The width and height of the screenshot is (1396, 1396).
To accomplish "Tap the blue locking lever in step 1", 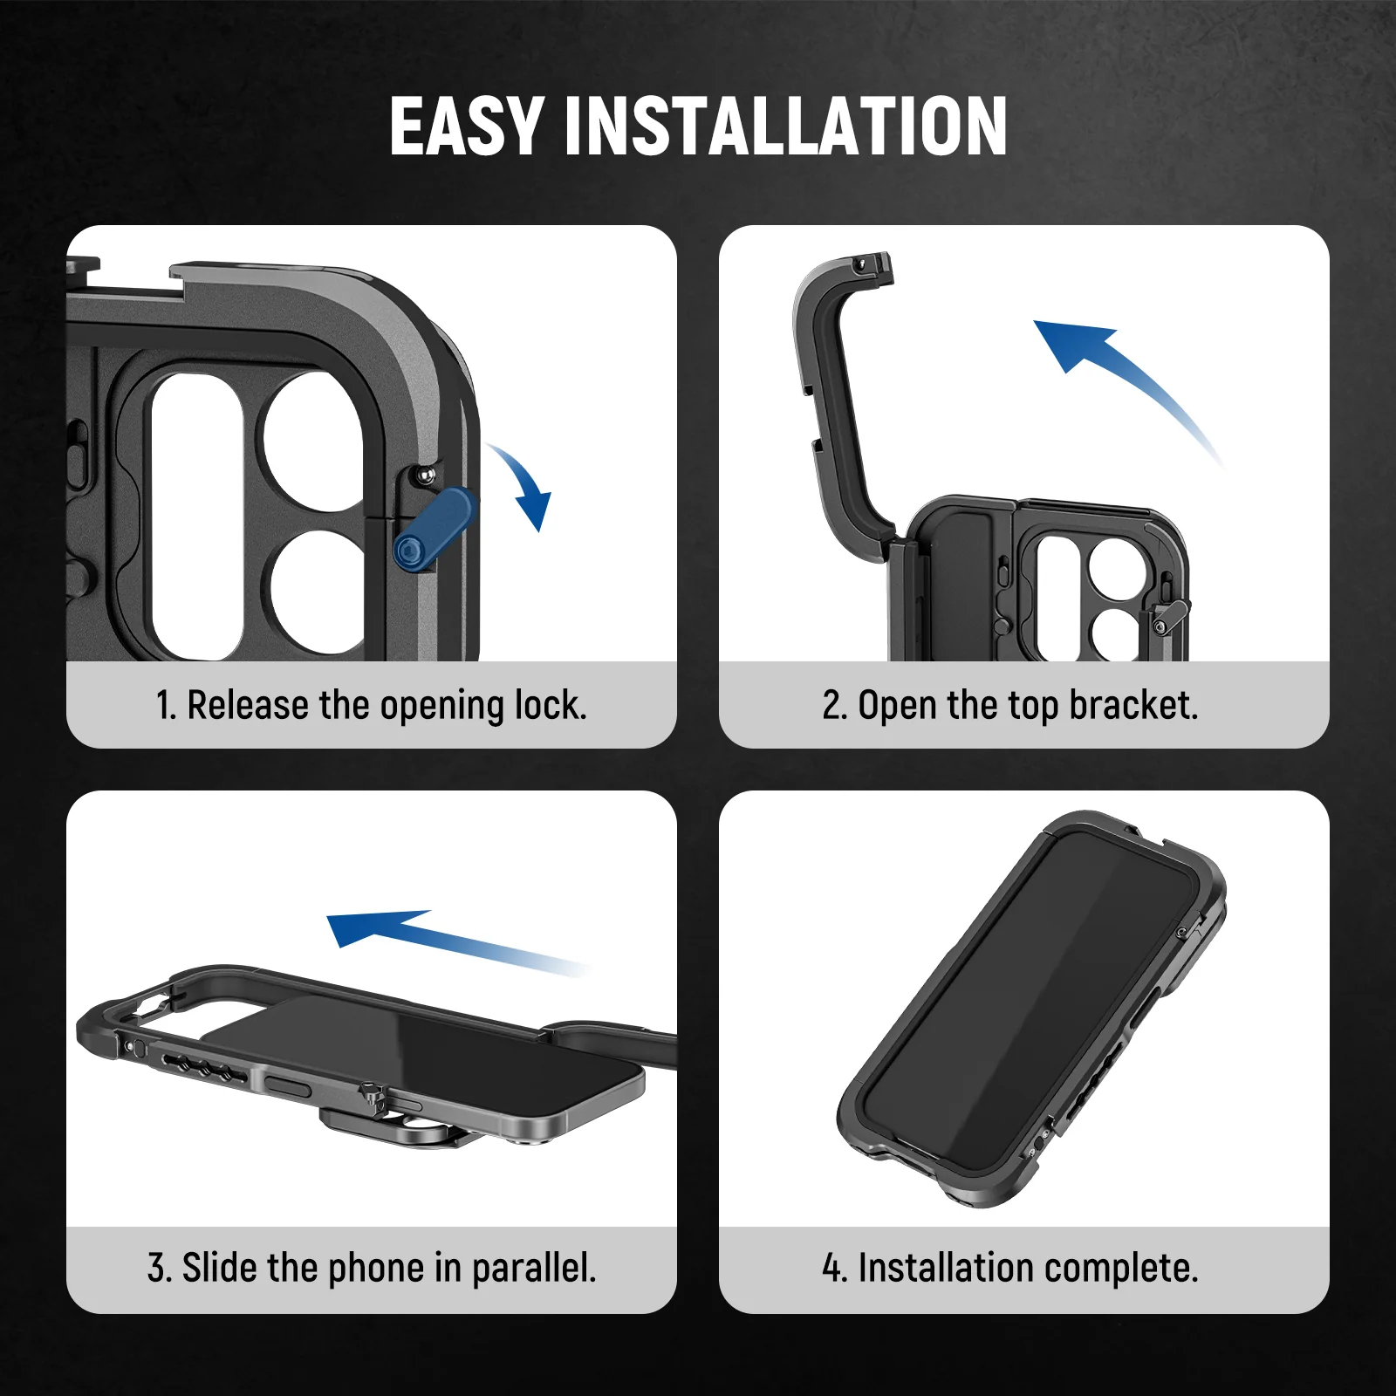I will pyautogui.click(x=435, y=529).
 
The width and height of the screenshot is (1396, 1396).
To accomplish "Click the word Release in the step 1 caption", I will pyautogui.click(x=247, y=705).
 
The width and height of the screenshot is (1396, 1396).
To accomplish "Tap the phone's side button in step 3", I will pyautogui.click(x=287, y=1085).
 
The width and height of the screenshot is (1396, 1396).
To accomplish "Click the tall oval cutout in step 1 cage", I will pyautogui.click(x=197, y=515).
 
